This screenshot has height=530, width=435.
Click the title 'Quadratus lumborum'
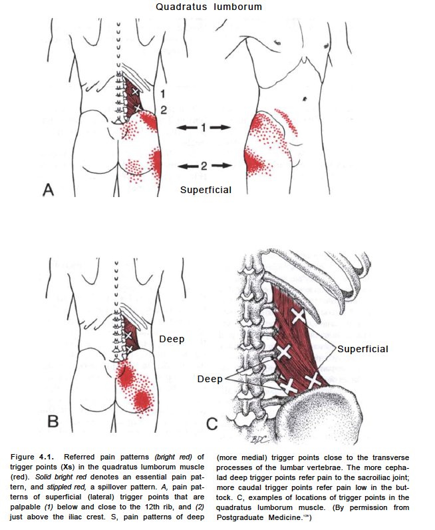pyautogui.click(x=209, y=7)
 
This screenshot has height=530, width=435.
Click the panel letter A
pyautogui.click(x=48, y=190)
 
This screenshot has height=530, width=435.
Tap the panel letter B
pyautogui.click(x=53, y=421)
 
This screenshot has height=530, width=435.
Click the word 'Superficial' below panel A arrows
pyautogui.click(x=206, y=190)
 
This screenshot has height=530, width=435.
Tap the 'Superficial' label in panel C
pyautogui.click(x=362, y=349)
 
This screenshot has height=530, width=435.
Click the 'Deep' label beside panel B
pyautogui.click(x=172, y=339)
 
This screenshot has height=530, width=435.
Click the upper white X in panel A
pyautogui.click(x=136, y=91)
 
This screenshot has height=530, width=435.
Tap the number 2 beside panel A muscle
pyautogui.click(x=163, y=109)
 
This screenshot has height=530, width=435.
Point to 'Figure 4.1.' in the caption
pyautogui.click(x=37, y=455)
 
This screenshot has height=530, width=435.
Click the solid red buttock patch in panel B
pyautogui.click(x=142, y=399)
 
